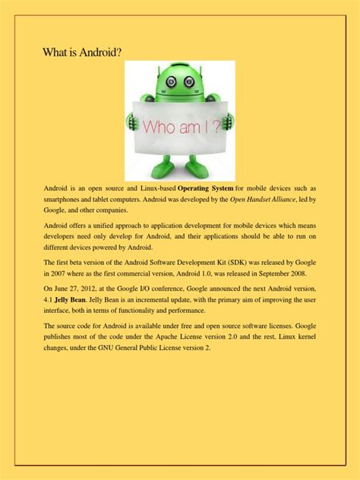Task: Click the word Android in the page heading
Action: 97,52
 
